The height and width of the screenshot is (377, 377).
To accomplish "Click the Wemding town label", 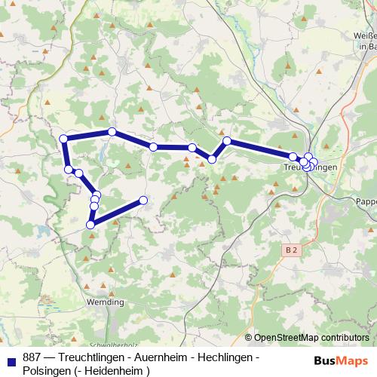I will pyautogui.click(x=106, y=302).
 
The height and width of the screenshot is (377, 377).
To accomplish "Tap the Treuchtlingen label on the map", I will pyautogui.click(x=309, y=166).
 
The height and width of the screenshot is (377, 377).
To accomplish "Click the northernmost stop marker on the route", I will pyautogui.click(x=112, y=132).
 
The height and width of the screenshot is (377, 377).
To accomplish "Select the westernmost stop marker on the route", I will pyautogui.click(x=63, y=138).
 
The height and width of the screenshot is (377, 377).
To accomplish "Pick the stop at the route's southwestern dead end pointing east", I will pyautogui.click(x=143, y=200).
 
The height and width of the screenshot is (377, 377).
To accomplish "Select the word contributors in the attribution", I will pyautogui.click(x=348, y=339).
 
